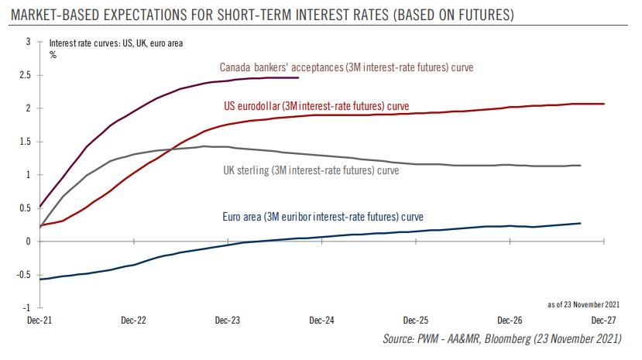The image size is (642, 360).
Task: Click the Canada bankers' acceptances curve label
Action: click(346, 67)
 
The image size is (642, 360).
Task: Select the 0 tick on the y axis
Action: click(27, 242)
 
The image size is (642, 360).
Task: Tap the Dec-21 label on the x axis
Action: click(39, 320)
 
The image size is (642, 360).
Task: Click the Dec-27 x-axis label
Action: click(603, 320)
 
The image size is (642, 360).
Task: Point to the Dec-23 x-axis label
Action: click(227, 320)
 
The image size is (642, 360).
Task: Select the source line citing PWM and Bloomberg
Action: click(508, 339)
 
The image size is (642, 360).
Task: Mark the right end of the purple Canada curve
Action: click(298, 77)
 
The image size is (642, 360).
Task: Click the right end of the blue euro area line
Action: click(580, 223)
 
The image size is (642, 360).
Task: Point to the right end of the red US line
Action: click(604, 104)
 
